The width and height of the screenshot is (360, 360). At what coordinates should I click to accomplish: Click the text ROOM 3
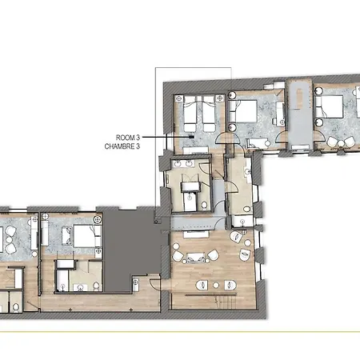(x=128, y=138)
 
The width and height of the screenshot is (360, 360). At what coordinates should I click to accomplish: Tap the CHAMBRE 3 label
(x=122, y=146)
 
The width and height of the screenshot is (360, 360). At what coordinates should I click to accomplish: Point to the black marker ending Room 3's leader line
(x=191, y=137)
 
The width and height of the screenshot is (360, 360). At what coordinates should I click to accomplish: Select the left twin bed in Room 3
(x=190, y=114)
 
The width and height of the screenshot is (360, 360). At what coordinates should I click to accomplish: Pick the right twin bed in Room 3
(x=209, y=114)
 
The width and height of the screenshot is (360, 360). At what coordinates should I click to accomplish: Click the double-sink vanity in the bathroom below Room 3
(x=183, y=163)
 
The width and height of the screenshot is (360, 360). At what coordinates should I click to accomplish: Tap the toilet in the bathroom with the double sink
(x=204, y=205)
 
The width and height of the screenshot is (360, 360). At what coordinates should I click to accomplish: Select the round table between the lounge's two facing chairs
(x=216, y=286)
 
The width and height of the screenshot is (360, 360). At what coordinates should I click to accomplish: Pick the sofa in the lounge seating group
(x=196, y=258)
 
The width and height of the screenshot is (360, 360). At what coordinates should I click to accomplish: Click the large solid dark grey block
(x=130, y=246)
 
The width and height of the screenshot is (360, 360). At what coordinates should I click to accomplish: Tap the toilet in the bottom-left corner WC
(x=16, y=307)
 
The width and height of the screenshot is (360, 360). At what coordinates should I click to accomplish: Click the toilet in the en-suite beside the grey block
(x=96, y=286)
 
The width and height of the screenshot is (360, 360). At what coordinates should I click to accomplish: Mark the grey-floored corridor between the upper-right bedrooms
(x=300, y=114)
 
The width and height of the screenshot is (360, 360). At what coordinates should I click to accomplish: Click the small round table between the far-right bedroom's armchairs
(x=342, y=144)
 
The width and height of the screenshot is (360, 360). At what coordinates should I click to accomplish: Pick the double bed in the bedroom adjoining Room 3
(x=243, y=111)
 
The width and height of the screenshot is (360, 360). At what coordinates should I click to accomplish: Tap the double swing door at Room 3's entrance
(x=227, y=138)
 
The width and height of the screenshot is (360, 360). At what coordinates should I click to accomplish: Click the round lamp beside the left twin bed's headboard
(x=179, y=98)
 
